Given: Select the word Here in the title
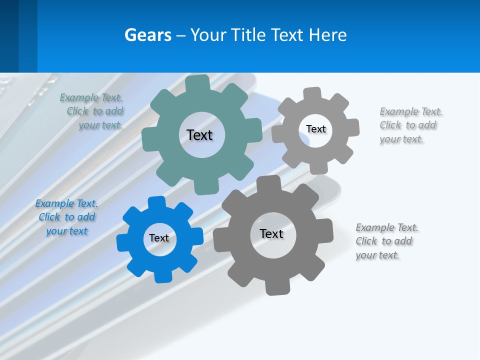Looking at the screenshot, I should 327,35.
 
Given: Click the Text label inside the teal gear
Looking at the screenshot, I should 199,135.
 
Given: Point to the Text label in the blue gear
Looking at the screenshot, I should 159,238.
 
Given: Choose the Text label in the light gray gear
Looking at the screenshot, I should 315,129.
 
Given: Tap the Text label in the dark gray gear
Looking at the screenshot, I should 271,233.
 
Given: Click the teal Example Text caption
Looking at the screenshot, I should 91,111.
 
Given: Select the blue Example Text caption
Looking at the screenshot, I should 66,217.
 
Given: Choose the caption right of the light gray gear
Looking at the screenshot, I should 410,125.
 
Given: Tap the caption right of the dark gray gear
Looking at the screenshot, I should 386,241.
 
